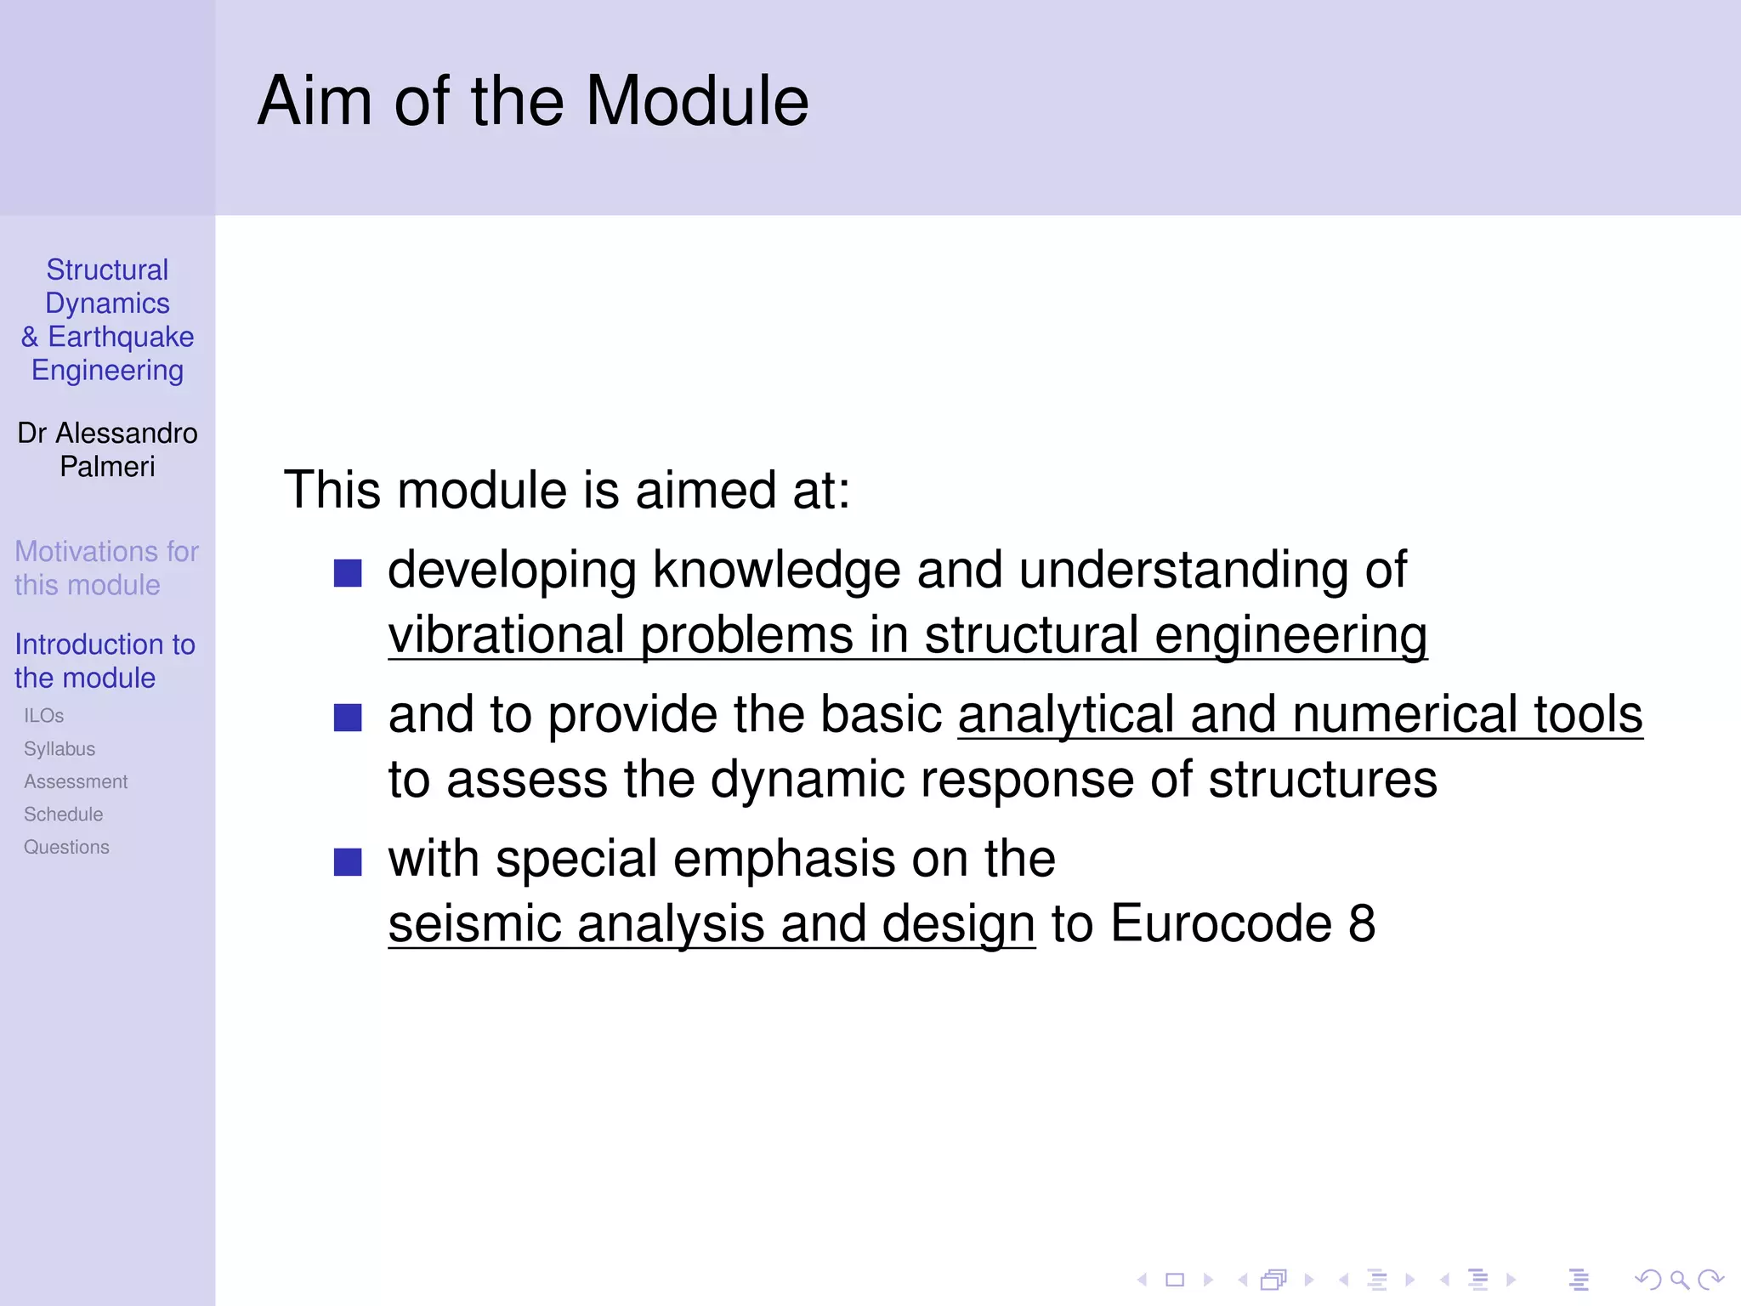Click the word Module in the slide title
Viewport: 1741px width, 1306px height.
point(696,101)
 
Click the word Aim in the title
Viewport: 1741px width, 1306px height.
point(315,101)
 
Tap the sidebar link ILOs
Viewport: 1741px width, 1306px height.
point(43,716)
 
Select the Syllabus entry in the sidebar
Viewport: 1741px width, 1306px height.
point(60,749)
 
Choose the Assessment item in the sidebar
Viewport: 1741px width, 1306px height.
point(76,781)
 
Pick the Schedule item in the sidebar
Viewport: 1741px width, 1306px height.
point(63,815)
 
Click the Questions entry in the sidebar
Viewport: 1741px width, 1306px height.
point(66,847)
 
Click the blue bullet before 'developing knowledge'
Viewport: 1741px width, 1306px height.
point(348,573)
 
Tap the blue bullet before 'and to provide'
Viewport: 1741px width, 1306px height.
point(348,718)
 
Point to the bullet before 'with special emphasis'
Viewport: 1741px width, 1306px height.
point(348,862)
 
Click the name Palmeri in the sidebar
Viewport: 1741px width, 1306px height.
point(107,467)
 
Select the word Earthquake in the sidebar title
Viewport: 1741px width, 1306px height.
point(121,337)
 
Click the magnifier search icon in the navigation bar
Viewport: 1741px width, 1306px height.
point(1679,1280)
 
